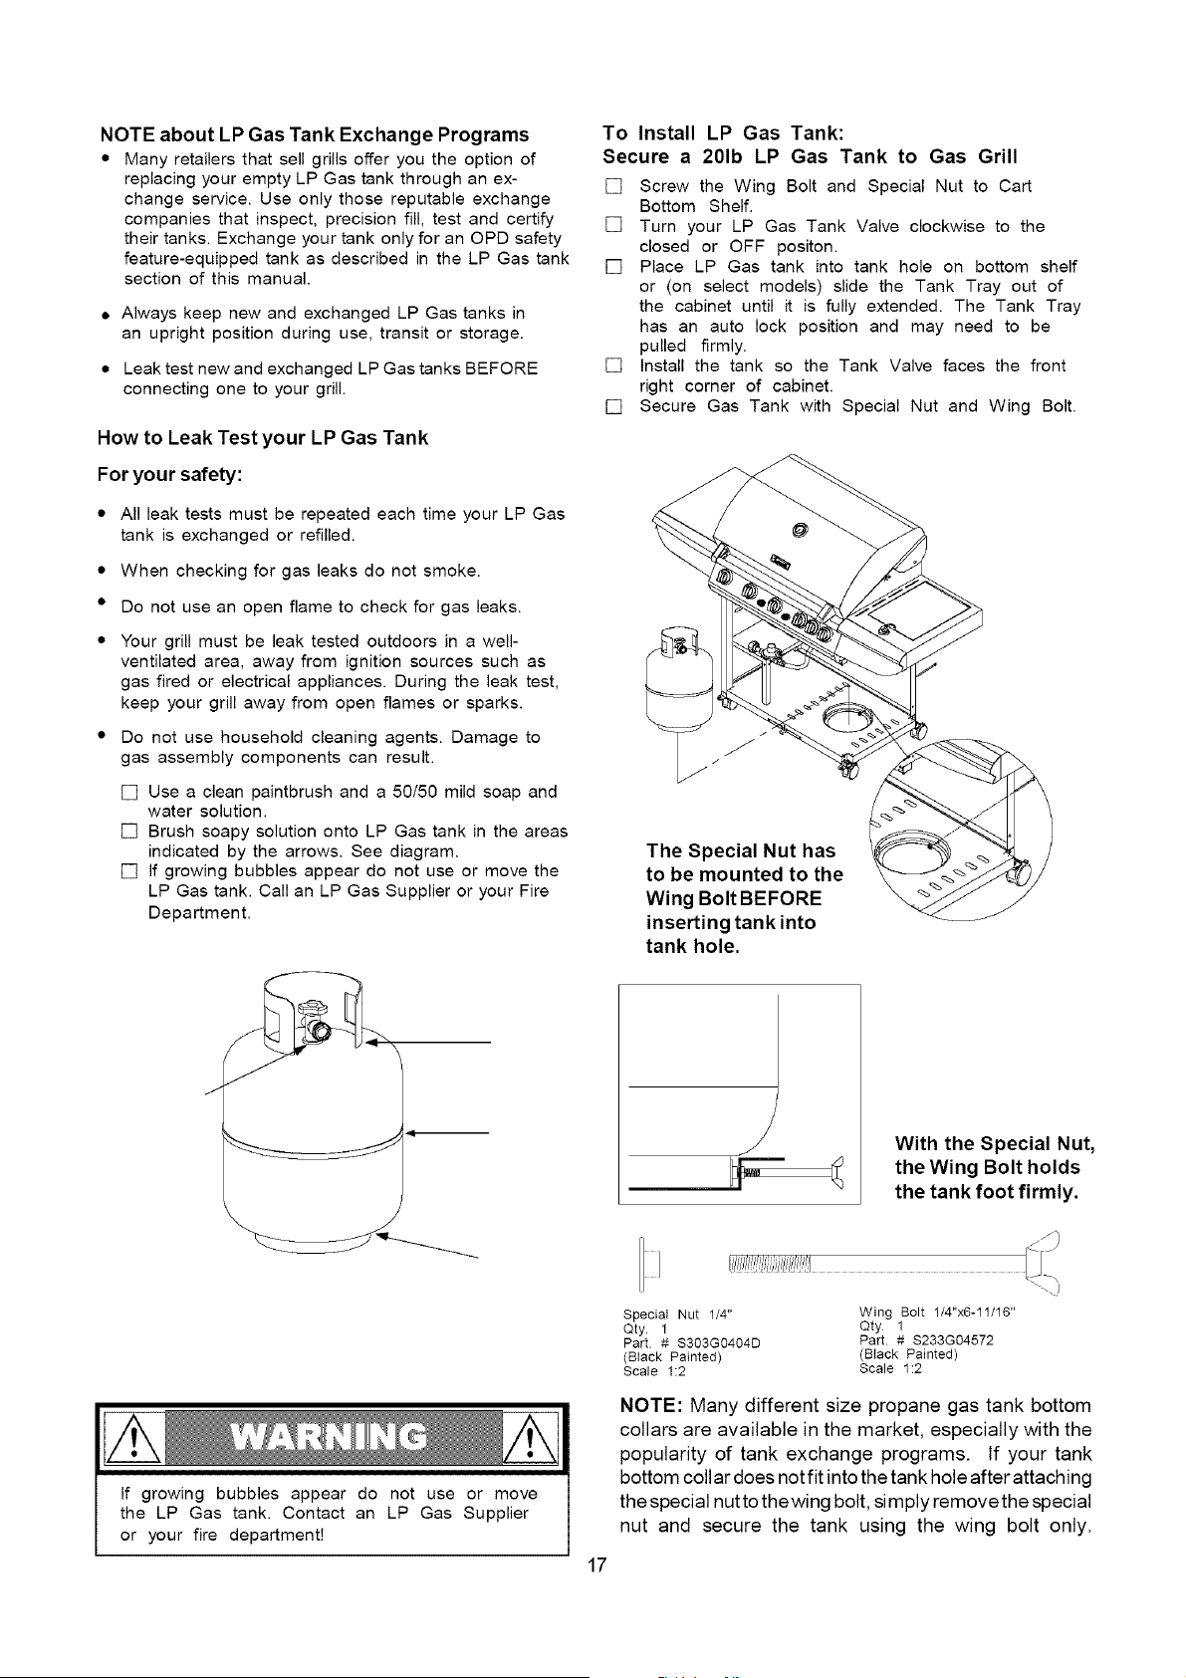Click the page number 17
click(x=596, y=1564)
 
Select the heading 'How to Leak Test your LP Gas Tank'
click(x=263, y=438)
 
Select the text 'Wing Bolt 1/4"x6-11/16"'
click(x=936, y=1313)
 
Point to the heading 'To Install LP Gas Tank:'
click(x=724, y=133)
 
